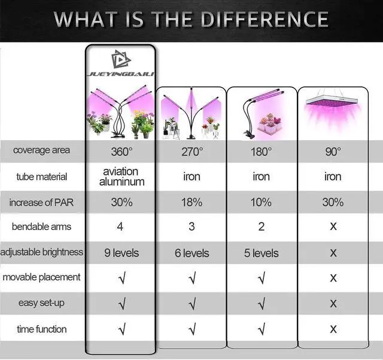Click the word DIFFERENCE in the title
(265, 19)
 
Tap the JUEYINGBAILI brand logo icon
(121, 59)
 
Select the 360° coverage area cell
(121, 152)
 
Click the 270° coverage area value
(192, 152)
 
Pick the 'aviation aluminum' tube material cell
(121, 177)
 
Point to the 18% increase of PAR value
(191, 202)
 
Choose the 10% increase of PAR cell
(261, 202)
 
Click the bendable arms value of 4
(120, 226)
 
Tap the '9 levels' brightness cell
(121, 253)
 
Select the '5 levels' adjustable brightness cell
(261, 253)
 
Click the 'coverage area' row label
(41, 150)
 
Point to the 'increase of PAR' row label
(41, 202)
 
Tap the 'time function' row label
(42, 329)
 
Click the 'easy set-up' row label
(41, 302)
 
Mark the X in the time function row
(333, 329)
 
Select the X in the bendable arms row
(333, 226)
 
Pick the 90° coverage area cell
(333, 152)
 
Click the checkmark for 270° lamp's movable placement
(192, 279)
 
